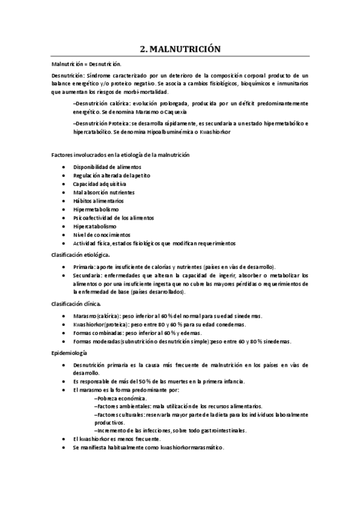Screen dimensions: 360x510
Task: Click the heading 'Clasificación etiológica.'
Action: click(x=81, y=255)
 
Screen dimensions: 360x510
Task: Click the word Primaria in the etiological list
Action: click(x=83, y=266)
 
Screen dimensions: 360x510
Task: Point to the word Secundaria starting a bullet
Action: click(x=87, y=275)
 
